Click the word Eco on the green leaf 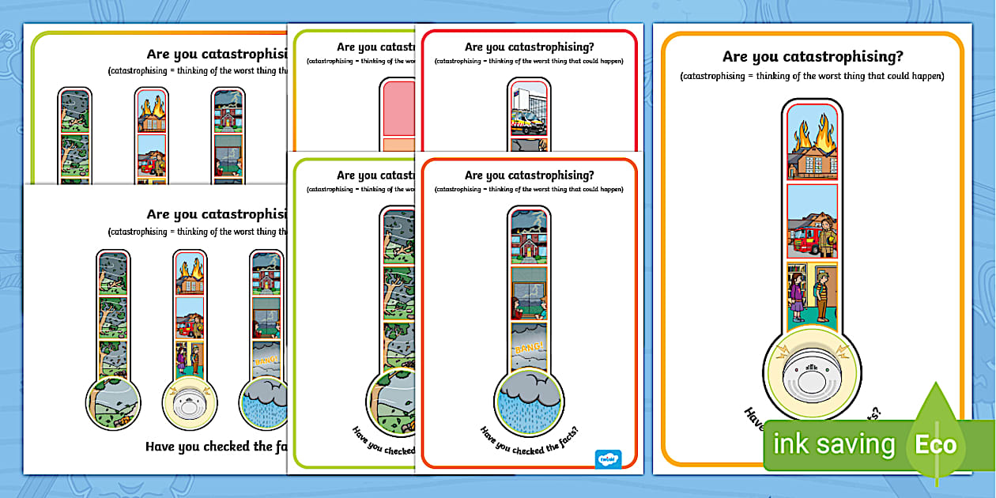coord(936,443)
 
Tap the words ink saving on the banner coord(833,444)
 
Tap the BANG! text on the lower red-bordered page coord(529,346)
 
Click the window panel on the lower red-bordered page coord(529,292)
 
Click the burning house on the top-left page coord(151,111)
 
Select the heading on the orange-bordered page coord(812,57)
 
